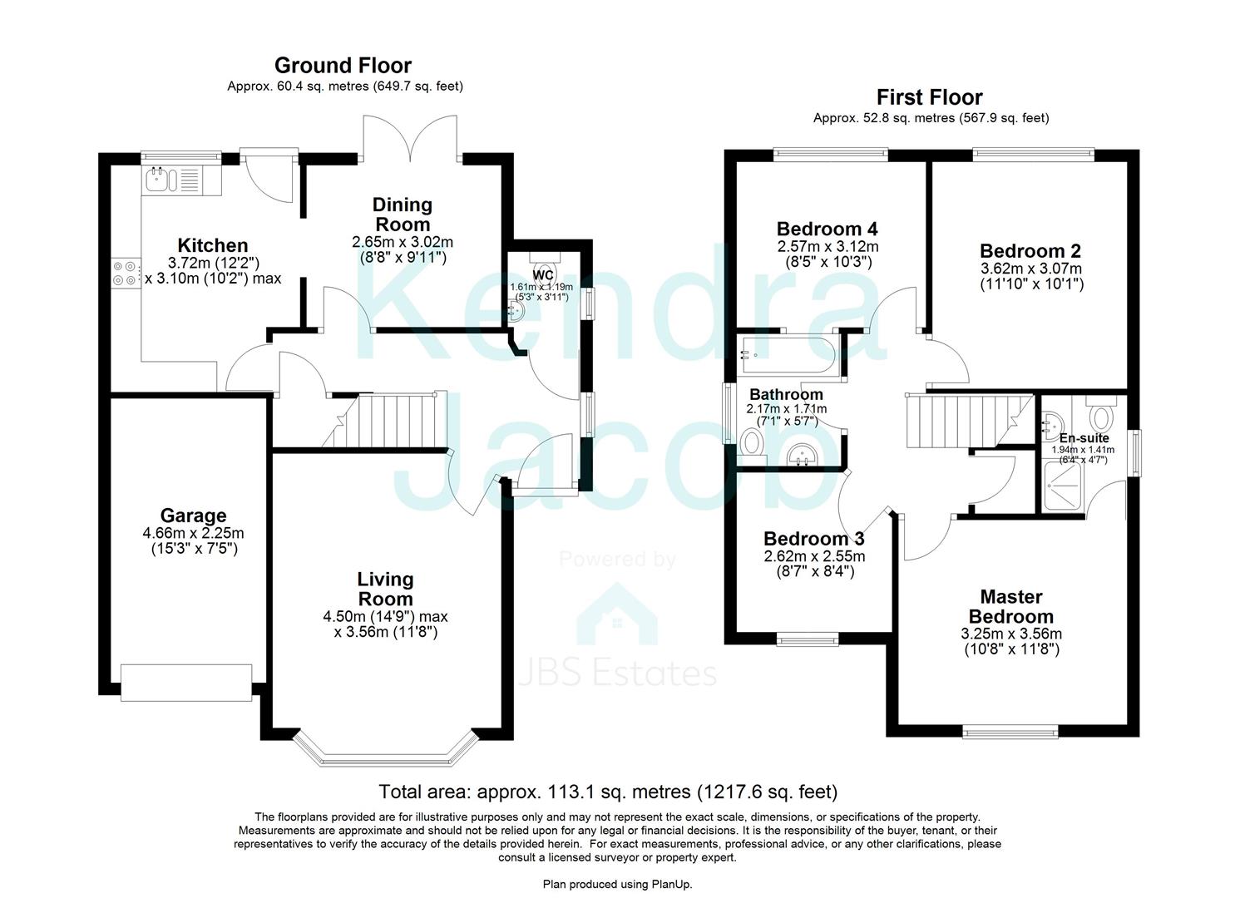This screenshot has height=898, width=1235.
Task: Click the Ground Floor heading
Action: (x=343, y=65)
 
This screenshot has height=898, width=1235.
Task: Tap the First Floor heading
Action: (x=929, y=97)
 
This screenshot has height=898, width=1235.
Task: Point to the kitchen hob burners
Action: (x=124, y=274)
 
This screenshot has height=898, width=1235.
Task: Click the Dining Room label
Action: (x=402, y=214)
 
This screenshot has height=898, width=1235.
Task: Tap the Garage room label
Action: (x=193, y=516)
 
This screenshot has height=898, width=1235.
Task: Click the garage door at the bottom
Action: (x=186, y=682)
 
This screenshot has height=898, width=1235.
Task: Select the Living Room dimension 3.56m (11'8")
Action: (x=386, y=632)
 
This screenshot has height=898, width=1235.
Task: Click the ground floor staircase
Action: (x=391, y=420)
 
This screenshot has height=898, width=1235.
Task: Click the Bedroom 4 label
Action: (x=827, y=229)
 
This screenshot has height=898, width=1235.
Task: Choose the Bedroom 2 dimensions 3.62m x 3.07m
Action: (x=1030, y=269)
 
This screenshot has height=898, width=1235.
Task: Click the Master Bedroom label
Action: (x=1010, y=606)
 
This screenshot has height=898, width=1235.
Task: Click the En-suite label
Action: (x=1083, y=437)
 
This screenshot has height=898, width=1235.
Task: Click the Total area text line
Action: (x=607, y=792)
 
